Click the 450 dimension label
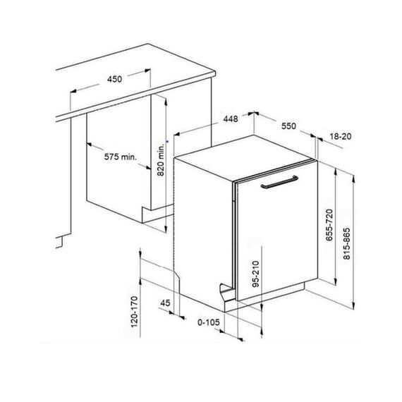(x=114, y=79)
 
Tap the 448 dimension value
(x=231, y=119)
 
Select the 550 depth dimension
(x=288, y=126)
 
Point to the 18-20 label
(x=340, y=136)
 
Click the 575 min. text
(x=120, y=157)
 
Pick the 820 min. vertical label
(x=161, y=159)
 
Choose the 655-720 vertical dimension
(x=329, y=225)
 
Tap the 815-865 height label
(x=346, y=243)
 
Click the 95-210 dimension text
(x=256, y=274)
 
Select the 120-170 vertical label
(x=135, y=312)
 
